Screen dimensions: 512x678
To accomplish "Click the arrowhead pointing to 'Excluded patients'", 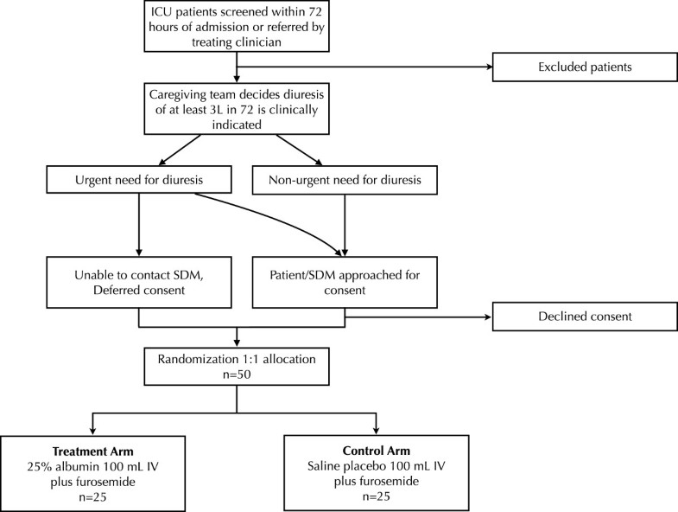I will (485, 67).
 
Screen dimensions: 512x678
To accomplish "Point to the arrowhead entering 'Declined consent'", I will (485, 316).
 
